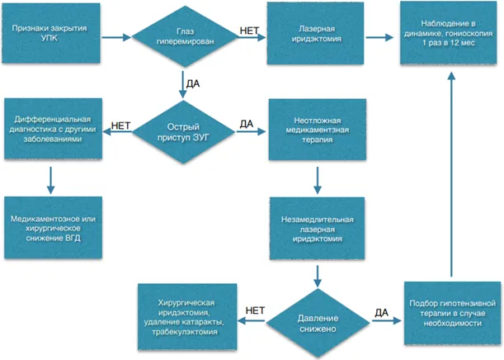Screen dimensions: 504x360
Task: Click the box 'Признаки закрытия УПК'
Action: (x=51, y=33)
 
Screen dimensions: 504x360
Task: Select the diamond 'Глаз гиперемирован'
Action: (x=185, y=36)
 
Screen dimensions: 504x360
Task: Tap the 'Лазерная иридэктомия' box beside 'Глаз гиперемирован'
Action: (x=315, y=34)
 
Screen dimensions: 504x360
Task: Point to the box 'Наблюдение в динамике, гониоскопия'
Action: (x=449, y=33)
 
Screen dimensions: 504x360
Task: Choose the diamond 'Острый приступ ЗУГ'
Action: (x=184, y=132)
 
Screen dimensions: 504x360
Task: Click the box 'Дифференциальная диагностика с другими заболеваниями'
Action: (x=53, y=129)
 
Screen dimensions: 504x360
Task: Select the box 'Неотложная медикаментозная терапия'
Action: (x=318, y=130)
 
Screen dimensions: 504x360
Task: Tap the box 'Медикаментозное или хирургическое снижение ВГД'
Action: (x=53, y=228)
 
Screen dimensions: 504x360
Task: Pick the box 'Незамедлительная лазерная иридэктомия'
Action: (x=317, y=229)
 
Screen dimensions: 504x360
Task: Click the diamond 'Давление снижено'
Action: (x=318, y=323)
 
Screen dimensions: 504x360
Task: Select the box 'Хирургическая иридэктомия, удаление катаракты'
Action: (x=187, y=317)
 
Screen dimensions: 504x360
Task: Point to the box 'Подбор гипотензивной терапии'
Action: (x=452, y=314)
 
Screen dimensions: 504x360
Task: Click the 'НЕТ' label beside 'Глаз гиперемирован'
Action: (x=249, y=31)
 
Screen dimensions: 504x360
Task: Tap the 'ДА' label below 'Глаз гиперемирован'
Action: (x=193, y=84)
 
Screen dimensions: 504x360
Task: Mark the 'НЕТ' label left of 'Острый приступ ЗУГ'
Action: (x=121, y=126)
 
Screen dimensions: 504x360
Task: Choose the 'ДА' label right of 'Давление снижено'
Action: (x=382, y=312)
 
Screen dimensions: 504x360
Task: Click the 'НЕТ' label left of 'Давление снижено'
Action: (x=255, y=310)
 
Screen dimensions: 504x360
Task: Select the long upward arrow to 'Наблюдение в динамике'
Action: (x=451, y=174)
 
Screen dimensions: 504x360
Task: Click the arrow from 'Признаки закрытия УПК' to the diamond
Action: (x=116, y=37)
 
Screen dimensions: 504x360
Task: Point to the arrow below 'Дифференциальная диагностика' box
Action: (x=51, y=180)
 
